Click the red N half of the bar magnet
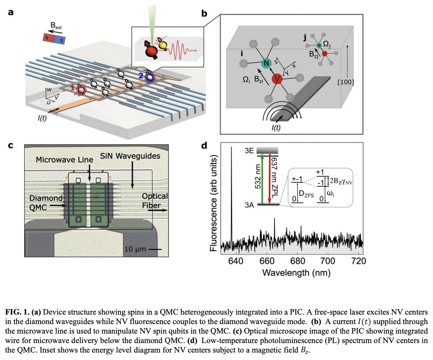(x=47, y=38)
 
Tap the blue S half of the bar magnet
(x=60, y=40)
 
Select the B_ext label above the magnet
(x=56, y=25)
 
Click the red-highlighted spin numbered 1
(x=81, y=89)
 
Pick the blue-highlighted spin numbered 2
(x=149, y=77)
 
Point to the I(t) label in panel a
(x=42, y=118)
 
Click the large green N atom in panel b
(x=266, y=63)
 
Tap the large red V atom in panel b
(x=277, y=79)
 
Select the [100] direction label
(x=346, y=82)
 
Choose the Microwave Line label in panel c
(x=64, y=160)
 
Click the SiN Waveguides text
(x=130, y=156)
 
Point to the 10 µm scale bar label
(x=135, y=249)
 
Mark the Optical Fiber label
(x=154, y=201)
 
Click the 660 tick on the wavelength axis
(x=267, y=261)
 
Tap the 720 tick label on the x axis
(x=358, y=261)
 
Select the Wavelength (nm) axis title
(x=296, y=273)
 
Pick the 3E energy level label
(x=249, y=151)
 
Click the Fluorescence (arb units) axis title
(x=213, y=203)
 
